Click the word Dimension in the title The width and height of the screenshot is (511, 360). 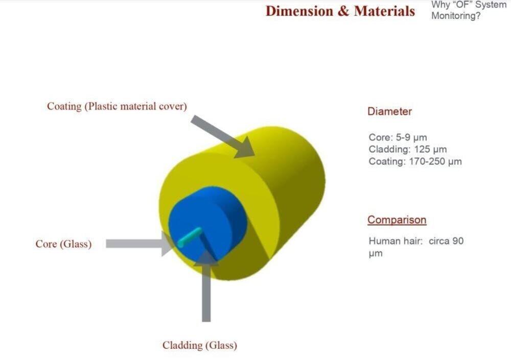coord(299,11)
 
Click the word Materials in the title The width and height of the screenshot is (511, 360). coord(384,11)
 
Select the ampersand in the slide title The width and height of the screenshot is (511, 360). coord(343,11)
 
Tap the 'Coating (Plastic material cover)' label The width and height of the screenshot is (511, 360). coord(117,106)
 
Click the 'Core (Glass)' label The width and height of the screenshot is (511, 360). coord(63,244)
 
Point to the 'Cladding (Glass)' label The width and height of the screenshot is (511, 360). coord(200,345)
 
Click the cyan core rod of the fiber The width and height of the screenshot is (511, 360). coord(190,237)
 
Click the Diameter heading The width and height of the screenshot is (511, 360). coord(389,111)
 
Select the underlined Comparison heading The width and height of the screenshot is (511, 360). coord(397,220)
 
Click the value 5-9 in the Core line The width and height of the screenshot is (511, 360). coord(403,137)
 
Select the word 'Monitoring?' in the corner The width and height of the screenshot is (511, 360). coord(456,16)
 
